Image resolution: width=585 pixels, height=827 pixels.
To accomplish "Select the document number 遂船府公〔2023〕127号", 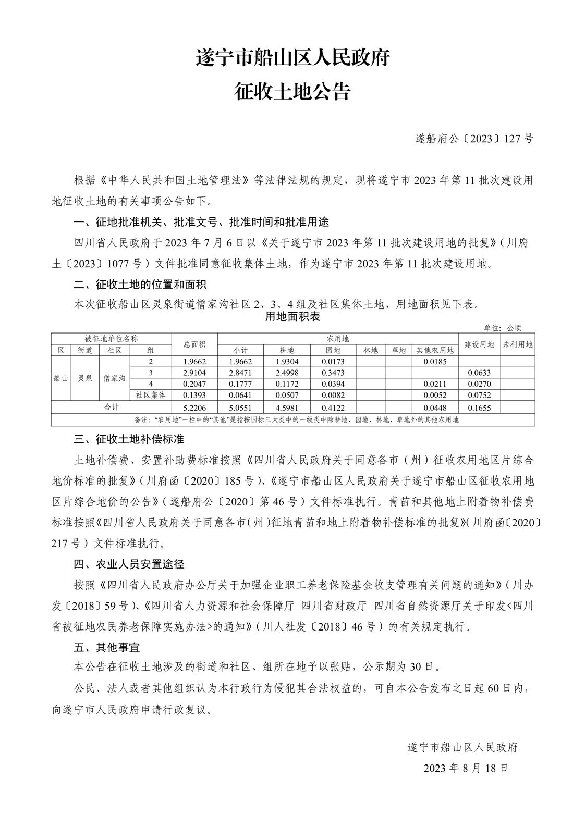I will [474, 139].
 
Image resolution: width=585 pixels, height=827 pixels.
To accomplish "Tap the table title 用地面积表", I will [292, 316].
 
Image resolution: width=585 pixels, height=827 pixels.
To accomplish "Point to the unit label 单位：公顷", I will [503, 328].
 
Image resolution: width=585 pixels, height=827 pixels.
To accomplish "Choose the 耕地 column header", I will [287, 350].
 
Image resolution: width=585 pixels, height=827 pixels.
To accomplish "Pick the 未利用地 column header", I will [517, 344].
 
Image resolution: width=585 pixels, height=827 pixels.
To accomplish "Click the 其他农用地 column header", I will [435, 350].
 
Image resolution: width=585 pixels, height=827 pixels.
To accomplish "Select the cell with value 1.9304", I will [287, 362].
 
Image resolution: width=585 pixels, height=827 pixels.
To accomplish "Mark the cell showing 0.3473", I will [333, 373].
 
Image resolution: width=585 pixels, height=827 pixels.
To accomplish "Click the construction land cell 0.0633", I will [479, 373].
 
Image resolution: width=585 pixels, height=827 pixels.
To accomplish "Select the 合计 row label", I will [112, 407].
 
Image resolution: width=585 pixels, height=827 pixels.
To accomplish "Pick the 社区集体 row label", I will [151, 396].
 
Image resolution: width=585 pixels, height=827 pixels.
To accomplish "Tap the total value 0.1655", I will [479, 408].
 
